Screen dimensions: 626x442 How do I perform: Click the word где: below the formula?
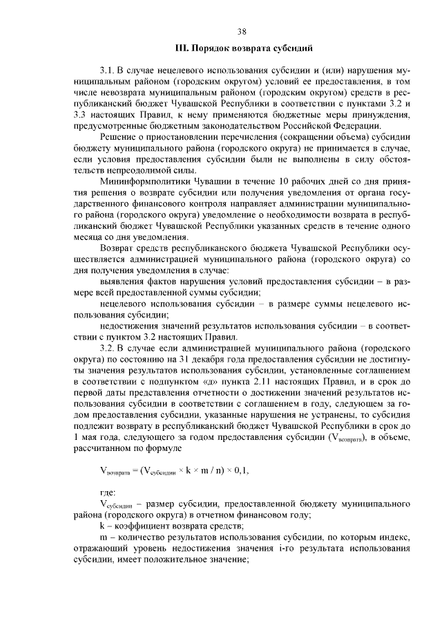coord(109,492)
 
